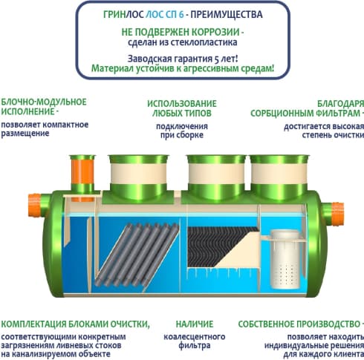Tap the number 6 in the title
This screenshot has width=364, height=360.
click(181, 15)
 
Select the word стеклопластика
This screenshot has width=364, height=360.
click(203, 42)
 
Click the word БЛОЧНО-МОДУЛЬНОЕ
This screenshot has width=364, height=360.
click(44, 102)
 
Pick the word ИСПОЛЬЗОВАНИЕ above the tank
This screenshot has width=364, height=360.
click(182, 104)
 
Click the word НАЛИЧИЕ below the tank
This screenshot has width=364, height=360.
click(195, 324)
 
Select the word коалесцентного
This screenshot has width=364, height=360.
click(195, 337)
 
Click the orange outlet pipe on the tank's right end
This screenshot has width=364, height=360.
click(337, 214)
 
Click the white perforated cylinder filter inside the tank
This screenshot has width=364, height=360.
click(285, 259)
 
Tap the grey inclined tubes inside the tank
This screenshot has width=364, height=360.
click(137, 255)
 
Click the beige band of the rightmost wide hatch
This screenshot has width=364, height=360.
click(279, 174)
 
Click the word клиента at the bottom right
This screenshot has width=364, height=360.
click(349, 354)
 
